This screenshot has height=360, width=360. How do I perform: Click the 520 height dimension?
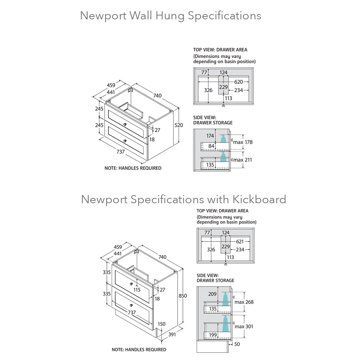[179, 125]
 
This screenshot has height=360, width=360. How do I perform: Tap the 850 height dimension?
[183, 296]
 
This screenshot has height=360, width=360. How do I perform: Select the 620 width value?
[239, 82]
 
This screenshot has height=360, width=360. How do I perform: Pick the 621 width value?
[240, 242]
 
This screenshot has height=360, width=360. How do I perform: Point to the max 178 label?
[243, 142]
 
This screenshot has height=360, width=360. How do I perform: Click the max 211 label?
[243, 160]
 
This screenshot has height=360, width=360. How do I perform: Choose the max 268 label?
[244, 302]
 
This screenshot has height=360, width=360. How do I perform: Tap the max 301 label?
[244, 327]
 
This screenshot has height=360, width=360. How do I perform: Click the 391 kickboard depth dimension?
[172, 334]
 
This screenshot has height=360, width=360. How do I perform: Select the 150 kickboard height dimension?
[161, 324]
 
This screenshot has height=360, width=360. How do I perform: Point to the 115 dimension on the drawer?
[137, 290]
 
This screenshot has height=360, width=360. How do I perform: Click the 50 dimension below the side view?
[237, 344]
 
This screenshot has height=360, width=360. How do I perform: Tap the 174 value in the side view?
[210, 136]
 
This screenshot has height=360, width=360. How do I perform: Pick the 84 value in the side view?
[211, 146]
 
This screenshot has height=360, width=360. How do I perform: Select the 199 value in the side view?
[213, 335]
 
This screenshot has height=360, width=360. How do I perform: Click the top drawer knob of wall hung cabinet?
[126, 124]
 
